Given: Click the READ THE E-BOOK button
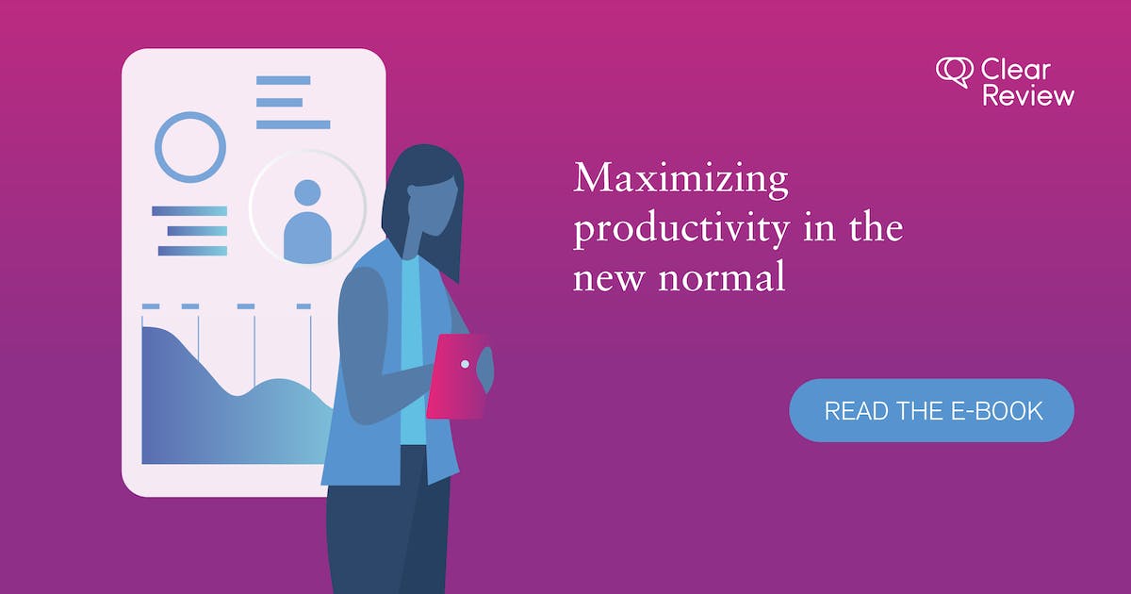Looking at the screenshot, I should click(931, 410).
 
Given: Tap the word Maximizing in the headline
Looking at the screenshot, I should click(680, 179).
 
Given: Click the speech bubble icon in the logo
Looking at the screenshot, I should click(954, 72).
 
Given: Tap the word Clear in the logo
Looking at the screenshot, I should click(1016, 70).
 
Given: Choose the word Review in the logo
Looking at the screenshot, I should click(1028, 95).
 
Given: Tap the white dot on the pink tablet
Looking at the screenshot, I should click(465, 364).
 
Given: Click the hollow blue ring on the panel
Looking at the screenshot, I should click(190, 147).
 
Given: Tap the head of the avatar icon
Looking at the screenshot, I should click(307, 193).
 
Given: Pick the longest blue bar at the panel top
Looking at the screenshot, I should click(293, 124).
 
